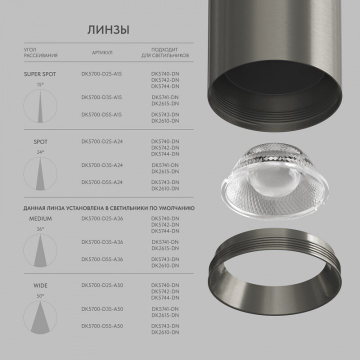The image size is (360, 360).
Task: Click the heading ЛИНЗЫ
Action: click(108, 29)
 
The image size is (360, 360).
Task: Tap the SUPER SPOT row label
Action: click(40, 74)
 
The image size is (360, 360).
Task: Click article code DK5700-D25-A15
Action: click(101, 74)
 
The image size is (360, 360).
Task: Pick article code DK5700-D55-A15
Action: click(101, 114)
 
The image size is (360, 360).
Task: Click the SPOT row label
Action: click(40, 142)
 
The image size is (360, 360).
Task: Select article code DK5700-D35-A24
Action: click(102, 165)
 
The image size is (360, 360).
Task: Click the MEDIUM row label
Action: click(40, 218)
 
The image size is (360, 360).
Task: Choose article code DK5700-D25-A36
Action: click(102, 218)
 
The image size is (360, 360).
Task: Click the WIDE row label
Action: click(40, 286)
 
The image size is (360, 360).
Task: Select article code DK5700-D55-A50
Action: click(102, 326)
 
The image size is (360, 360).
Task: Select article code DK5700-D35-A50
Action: click(102, 309)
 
